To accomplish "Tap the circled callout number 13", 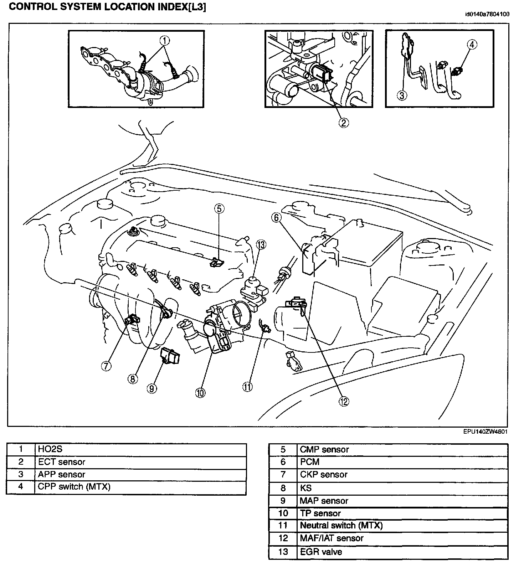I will point(261,244).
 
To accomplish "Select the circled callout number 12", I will point(344,402).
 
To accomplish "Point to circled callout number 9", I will point(152,388).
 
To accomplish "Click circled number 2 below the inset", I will point(343,123).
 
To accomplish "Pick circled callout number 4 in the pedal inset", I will point(472,45).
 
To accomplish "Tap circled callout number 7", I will point(106,366).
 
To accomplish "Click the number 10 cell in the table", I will point(283,513).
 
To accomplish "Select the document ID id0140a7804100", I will point(487,15).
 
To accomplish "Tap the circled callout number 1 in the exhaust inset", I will point(165,41).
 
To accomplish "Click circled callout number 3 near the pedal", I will point(402,95).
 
